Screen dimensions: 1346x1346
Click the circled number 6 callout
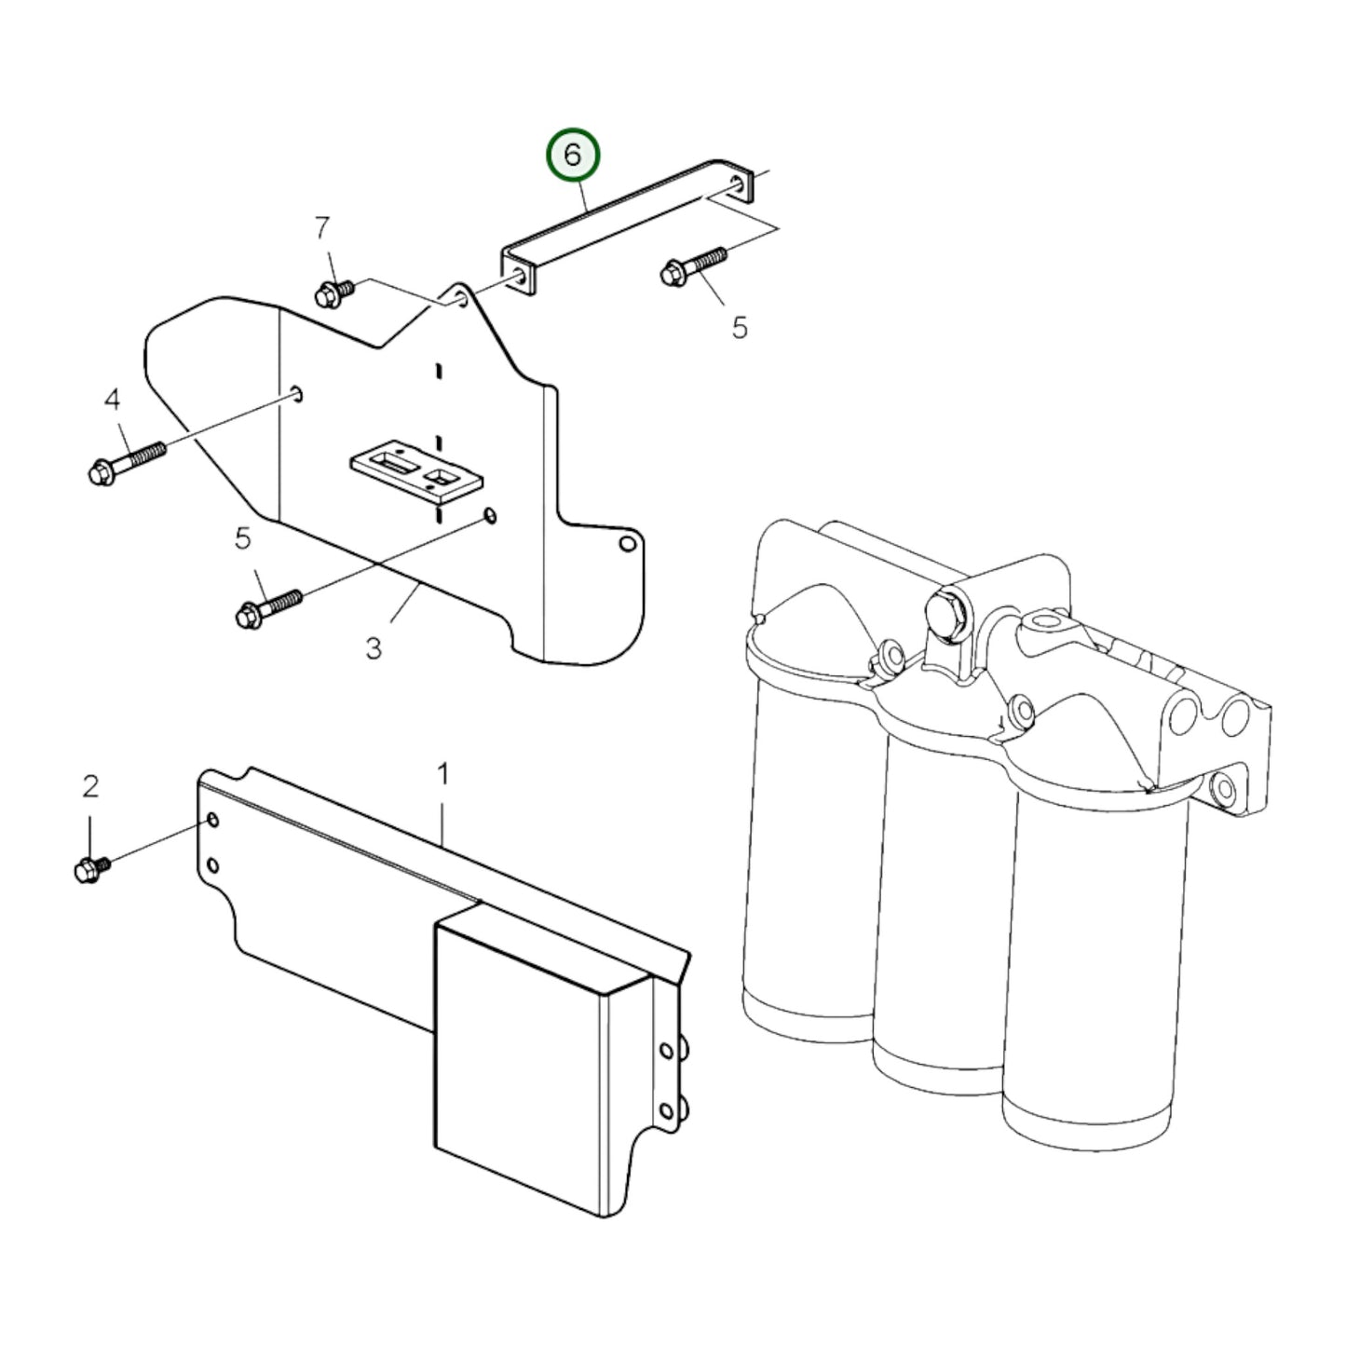point(572,156)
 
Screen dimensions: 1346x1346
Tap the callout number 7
point(321,227)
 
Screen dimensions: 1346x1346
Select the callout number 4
point(113,400)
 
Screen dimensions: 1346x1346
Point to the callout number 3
point(374,649)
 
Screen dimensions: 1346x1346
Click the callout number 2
point(90,787)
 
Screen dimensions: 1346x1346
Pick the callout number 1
point(442,774)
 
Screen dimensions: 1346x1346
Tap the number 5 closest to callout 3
point(242,539)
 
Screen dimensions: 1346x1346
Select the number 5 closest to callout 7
point(740,328)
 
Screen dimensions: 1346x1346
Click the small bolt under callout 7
point(335,294)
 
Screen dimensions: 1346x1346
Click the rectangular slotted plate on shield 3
point(416,471)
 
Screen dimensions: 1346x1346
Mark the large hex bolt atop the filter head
point(947,617)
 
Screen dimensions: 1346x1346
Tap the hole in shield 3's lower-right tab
point(628,543)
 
